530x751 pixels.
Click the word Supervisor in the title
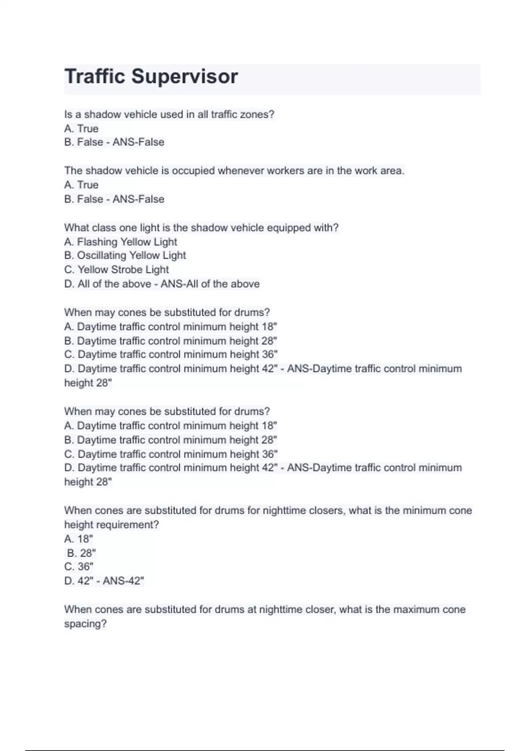point(185,76)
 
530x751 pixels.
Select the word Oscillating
point(102,255)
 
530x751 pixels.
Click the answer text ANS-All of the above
point(210,284)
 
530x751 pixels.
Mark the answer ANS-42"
point(123,580)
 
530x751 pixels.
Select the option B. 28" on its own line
point(81,553)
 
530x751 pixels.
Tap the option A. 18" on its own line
point(79,539)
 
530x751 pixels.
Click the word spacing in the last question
point(85,624)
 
